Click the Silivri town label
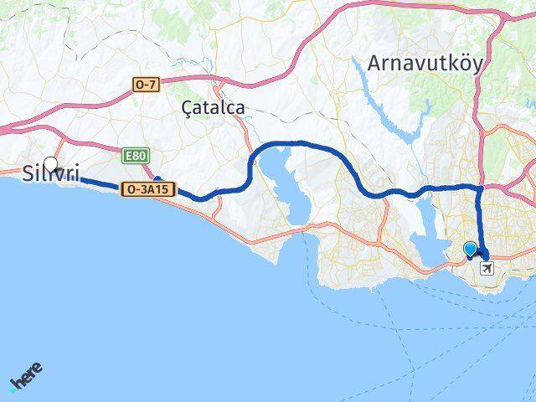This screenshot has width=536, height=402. (51, 173)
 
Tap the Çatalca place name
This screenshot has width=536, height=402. (213, 107)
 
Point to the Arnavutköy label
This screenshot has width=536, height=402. (425, 64)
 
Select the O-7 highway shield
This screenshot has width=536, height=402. (144, 84)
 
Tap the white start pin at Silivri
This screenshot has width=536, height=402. (51, 164)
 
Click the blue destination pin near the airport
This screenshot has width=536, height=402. (470, 250)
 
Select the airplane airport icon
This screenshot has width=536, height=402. (487, 268)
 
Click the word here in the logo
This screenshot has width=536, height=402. (28, 375)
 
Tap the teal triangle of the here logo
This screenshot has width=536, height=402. (13, 387)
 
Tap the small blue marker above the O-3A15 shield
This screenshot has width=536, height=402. (157, 178)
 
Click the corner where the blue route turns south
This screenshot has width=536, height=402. (478, 189)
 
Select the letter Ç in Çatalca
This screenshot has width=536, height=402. (187, 108)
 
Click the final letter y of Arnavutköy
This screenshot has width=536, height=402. (477, 65)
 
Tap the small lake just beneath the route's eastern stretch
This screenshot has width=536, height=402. (422, 216)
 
